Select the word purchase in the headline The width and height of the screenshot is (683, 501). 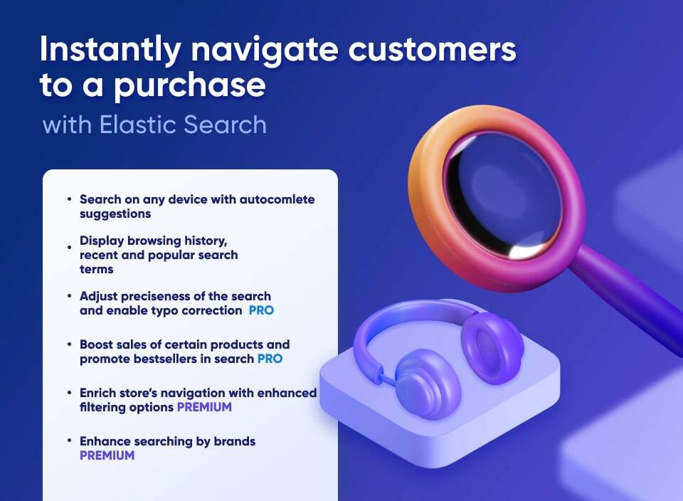coord(190,85)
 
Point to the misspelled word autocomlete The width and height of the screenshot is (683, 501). coord(274,199)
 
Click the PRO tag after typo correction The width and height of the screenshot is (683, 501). coord(261,310)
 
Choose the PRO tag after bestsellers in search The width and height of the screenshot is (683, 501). coord(270,359)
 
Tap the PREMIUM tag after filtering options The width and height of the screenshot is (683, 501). coord(204,407)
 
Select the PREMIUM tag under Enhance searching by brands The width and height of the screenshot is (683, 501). coord(107,455)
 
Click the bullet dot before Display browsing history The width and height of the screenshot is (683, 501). coord(70,247)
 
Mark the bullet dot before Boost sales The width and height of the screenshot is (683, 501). coord(70,344)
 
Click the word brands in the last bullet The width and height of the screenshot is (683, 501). coord(235,441)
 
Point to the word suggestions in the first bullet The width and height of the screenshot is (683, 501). coord(115,213)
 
